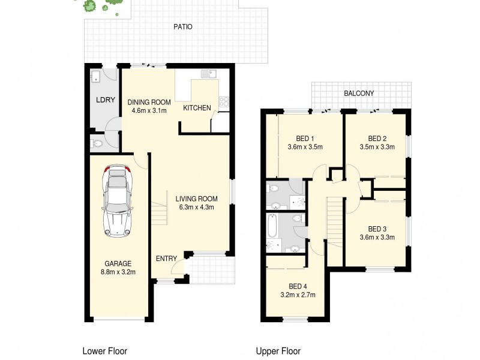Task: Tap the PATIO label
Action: tap(183, 27)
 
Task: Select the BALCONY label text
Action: tap(359, 93)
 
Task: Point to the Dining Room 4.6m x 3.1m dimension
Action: tap(147, 110)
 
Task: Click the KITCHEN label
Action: tap(197, 108)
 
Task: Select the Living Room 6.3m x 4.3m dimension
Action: tap(196, 208)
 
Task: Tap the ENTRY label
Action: tap(166, 259)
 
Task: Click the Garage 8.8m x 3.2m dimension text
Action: tap(118, 272)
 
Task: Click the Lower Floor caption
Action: tap(104, 351)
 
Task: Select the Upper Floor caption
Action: tap(278, 351)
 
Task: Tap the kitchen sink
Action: tap(209, 74)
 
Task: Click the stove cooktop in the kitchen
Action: tap(224, 102)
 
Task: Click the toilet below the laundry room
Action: tap(97, 143)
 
